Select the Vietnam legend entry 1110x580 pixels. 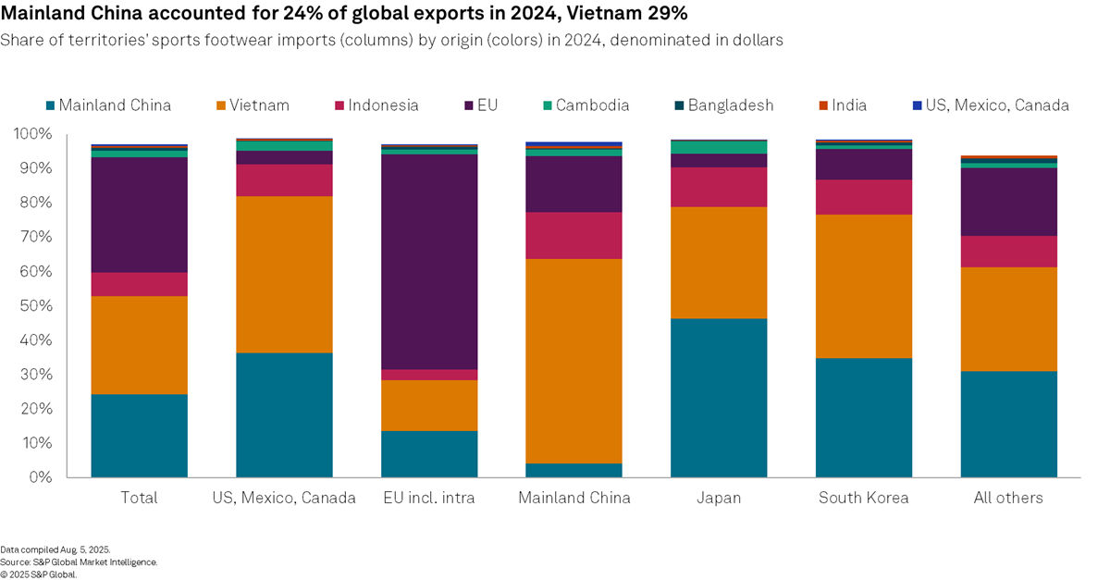pos(249,105)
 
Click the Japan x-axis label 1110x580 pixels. pos(719,498)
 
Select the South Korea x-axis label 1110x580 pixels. pos(863,498)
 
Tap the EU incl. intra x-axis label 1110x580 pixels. pos(428,498)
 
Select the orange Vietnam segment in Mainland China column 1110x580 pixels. pos(573,361)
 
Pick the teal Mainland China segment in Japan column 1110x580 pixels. pos(719,398)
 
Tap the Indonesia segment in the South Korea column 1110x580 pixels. pos(863,197)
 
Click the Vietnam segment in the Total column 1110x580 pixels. pos(139,345)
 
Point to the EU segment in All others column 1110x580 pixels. pos(1008,202)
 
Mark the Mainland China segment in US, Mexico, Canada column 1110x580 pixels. pos(284,414)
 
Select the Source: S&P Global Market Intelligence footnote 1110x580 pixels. pos(79,561)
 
